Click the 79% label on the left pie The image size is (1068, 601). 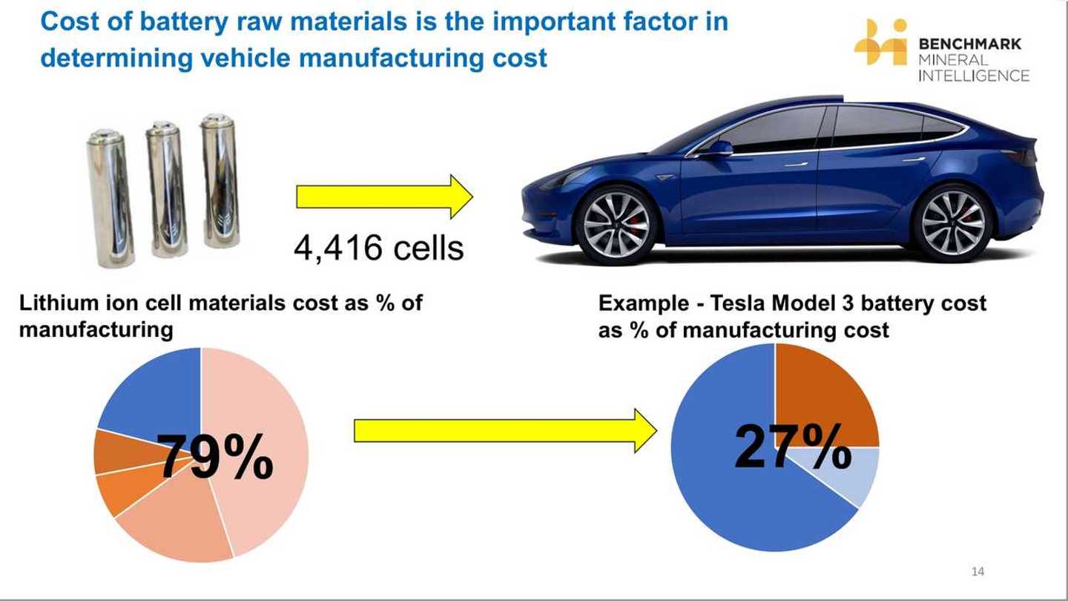coord(215,456)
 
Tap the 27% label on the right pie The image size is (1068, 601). coord(792,447)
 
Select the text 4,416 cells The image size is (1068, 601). coord(378,247)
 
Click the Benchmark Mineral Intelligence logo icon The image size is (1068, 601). coord(880,43)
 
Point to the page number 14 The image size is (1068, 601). coord(978,571)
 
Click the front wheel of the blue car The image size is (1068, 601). coord(616,223)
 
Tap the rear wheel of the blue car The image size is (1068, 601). coord(952,222)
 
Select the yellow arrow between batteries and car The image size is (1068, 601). coord(384,197)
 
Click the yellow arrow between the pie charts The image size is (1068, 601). coord(504,430)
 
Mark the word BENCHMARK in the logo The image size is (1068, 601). coord(969,44)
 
